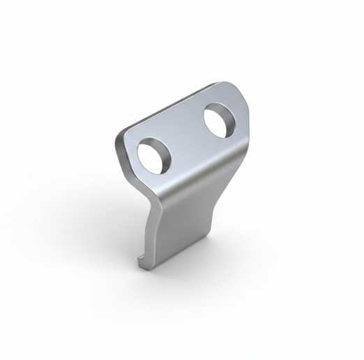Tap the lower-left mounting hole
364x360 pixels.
pos(155,154)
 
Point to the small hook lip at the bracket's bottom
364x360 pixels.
pos(141,262)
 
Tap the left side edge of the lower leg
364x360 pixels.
pos(151,230)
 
